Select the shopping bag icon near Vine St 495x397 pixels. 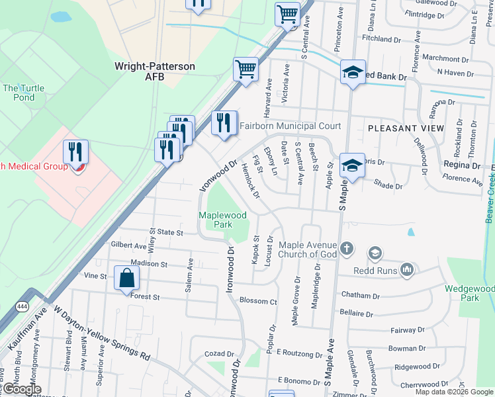[126, 279]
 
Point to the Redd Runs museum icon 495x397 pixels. [407, 269]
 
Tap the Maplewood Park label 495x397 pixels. [223, 220]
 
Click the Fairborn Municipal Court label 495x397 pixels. [290, 126]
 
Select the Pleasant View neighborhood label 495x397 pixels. [406, 128]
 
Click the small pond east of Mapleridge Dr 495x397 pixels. [410, 232]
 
